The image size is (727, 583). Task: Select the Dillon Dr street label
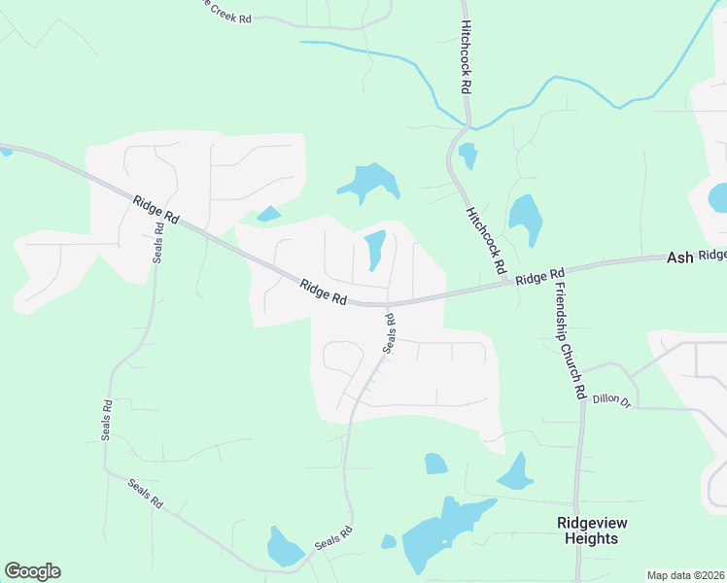click(611, 398)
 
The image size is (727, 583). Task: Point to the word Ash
click(679, 257)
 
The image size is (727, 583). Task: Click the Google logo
click(32, 571)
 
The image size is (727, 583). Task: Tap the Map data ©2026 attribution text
click(685, 575)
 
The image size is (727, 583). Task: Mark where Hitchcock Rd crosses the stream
click(468, 124)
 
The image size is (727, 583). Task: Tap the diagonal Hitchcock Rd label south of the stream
click(487, 239)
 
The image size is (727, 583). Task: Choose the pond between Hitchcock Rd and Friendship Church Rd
click(526, 219)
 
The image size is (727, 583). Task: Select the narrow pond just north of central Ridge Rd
click(374, 250)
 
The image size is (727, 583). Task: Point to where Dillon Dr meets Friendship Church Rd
click(583, 401)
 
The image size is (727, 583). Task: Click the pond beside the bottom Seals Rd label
click(285, 548)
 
